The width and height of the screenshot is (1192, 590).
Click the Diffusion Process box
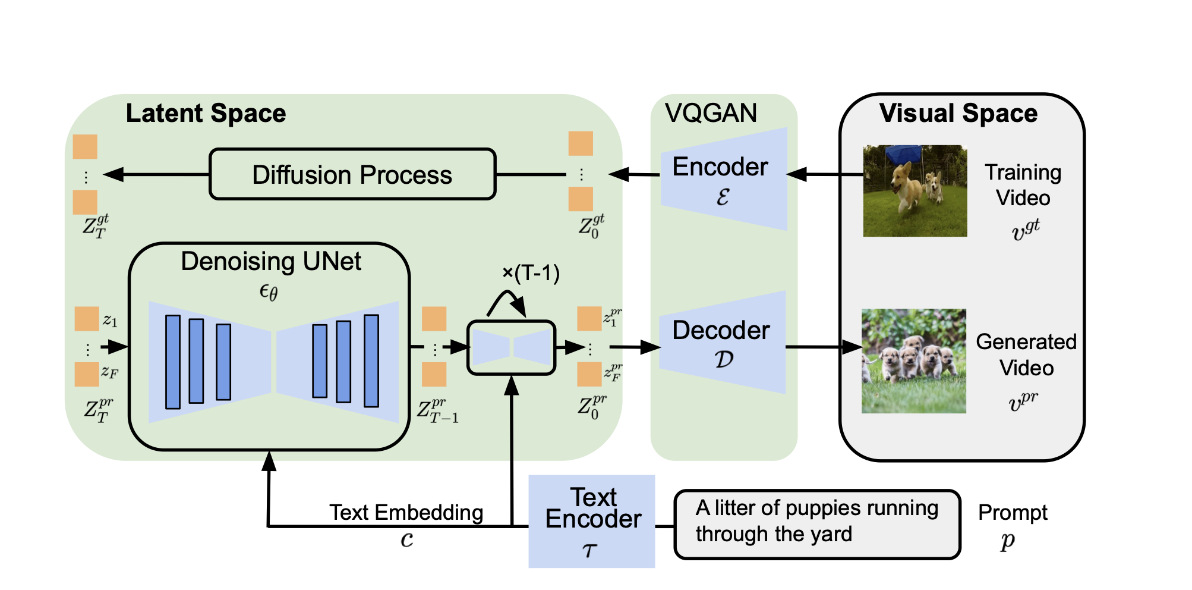click(x=352, y=174)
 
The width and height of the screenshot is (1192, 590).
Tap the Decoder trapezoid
click(x=723, y=343)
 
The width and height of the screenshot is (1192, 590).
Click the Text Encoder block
click(x=592, y=521)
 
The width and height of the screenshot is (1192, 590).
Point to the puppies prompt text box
click(x=817, y=524)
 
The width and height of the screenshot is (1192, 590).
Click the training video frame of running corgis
click(x=915, y=191)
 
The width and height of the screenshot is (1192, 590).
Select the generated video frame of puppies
click(x=914, y=361)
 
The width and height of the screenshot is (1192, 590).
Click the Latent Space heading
click(x=206, y=113)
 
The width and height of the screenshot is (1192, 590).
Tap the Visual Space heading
click(x=958, y=113)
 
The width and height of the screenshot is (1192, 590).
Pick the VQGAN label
click(x=711, y=113)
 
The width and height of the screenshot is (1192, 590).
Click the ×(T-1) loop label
click(x=531, y=274)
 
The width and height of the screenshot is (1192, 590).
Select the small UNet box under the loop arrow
click(x=512, y=348)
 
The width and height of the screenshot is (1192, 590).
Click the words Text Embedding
click(x=406, y=512)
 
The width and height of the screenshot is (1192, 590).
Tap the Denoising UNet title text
click(x=271, y=261)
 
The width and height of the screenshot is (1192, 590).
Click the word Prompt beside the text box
click(x=1013, y=512)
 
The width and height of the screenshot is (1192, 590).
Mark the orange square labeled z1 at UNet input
click(x=87, y=319)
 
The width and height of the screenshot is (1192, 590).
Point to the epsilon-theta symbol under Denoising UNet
click(x=269, y=291)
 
